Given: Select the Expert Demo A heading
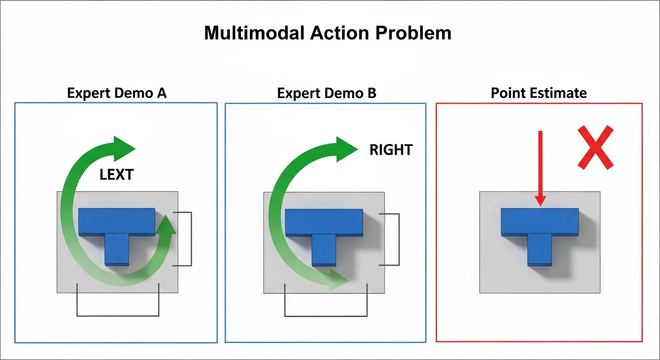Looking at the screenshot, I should pos(117,93).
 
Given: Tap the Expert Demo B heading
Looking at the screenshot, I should pos(326,93).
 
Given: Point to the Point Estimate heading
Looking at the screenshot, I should pos(539,93).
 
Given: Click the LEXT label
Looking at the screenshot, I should pos(117,175).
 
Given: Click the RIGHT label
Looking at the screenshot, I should pos(391,150).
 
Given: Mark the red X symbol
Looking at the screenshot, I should pos(595,147).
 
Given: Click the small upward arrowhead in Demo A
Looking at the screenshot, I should pos(167,224).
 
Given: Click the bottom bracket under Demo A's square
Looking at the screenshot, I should pos(118,315).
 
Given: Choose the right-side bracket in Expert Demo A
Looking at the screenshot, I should pos(191,239).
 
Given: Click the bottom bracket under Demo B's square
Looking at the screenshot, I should pos(326,315).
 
